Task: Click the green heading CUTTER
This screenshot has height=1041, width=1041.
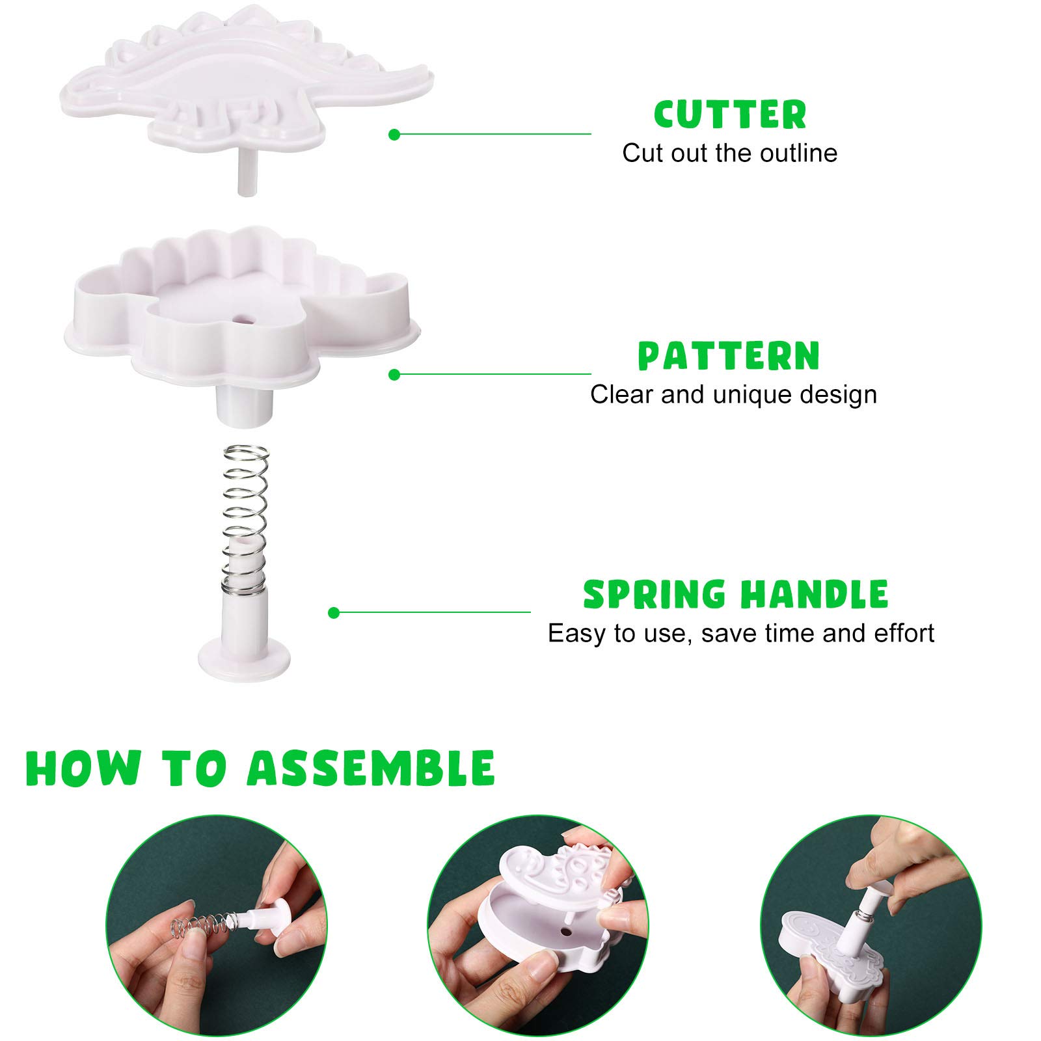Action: pos(730,115)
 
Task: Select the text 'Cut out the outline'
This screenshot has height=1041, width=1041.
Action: pos(729,154)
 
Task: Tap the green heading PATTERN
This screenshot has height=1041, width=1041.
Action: pos(729,356)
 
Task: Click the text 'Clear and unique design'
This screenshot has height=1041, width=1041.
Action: pos(733,394)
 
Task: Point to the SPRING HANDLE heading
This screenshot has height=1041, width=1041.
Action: pos(735,594)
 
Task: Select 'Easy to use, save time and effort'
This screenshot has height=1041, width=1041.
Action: pos(741,633)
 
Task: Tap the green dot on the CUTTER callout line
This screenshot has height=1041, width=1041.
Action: pos(394,135)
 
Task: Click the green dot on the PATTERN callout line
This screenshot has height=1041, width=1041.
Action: pos(394,375)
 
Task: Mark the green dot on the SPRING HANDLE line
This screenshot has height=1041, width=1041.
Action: pos(334,613)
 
